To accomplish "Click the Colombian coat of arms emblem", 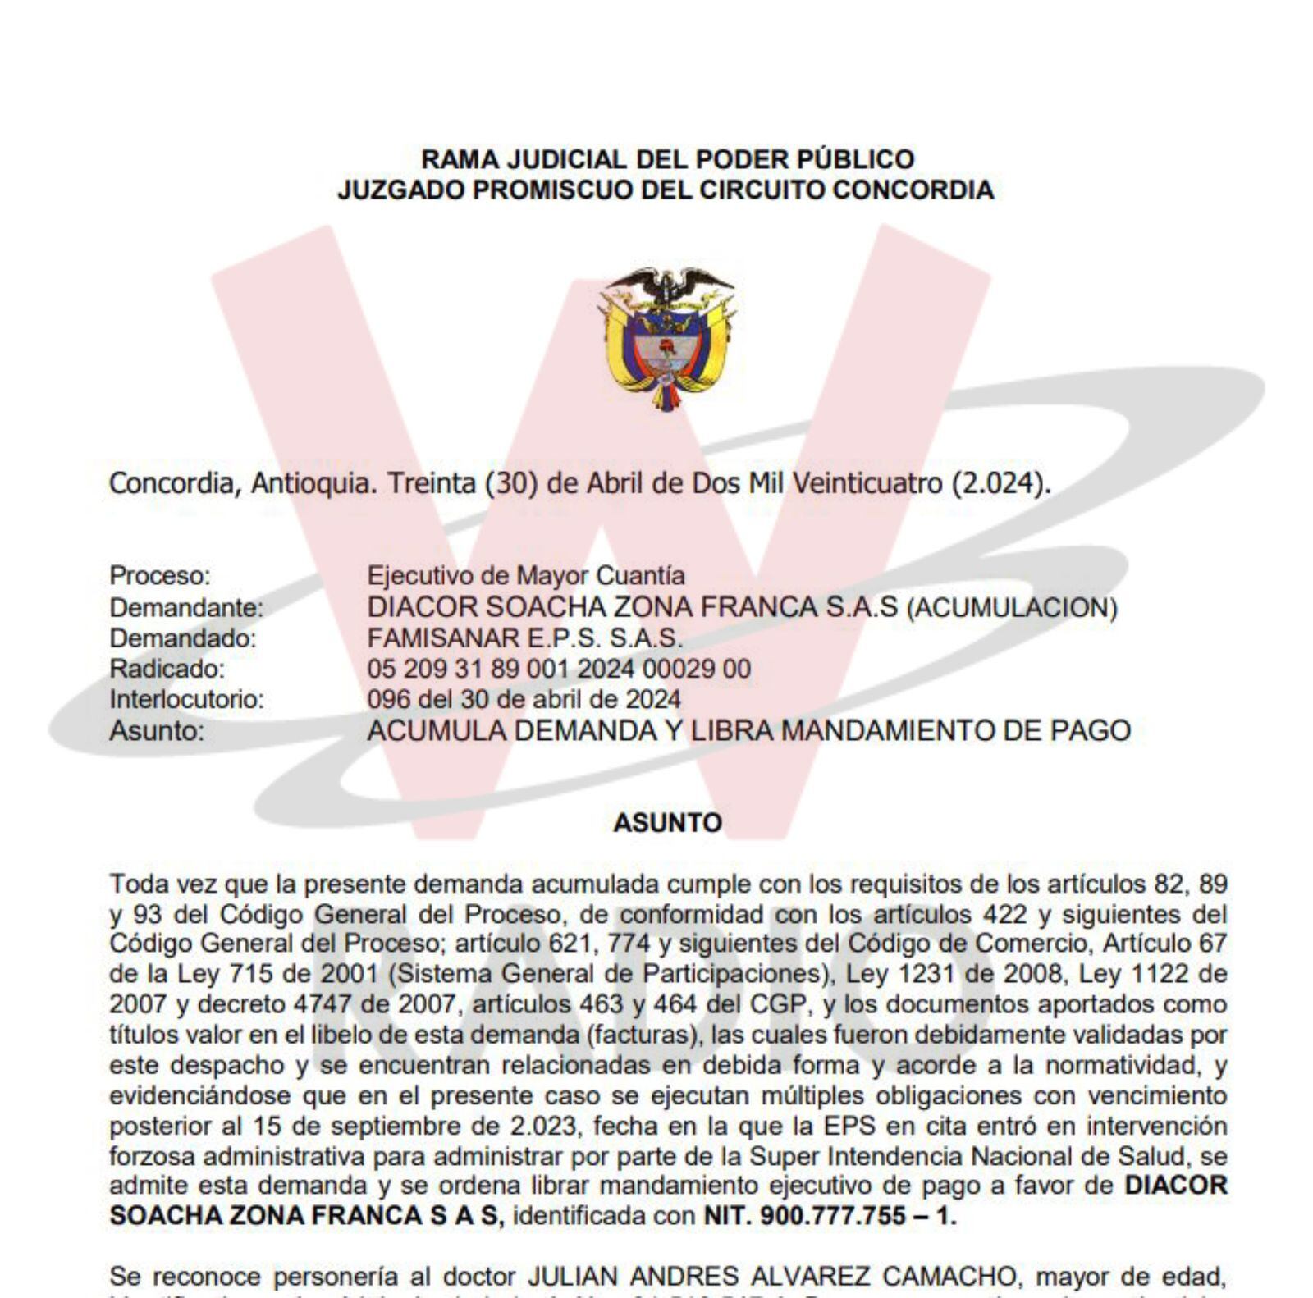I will (666, 337).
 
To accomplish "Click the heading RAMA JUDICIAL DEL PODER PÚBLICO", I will (667, 158).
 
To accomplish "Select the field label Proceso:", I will (160, 576).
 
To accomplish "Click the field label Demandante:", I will (186, 608).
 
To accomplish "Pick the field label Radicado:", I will (167, 670).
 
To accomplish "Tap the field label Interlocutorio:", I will (187, 700).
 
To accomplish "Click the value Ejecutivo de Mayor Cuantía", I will (525, 576).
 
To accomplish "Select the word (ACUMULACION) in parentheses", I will (1012, 608).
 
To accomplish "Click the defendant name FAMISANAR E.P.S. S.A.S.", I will (524, 638).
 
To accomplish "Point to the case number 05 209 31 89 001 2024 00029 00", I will (558, 670).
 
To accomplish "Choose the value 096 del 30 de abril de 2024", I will (524, 700).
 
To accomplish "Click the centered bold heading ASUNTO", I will (667, 823).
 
